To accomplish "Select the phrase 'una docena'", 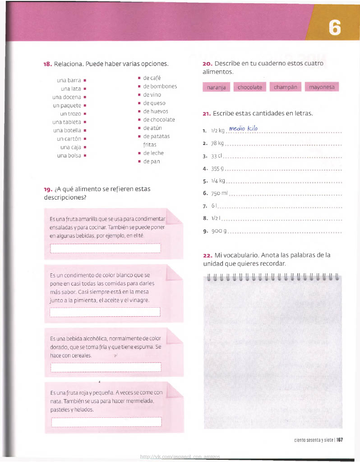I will (66, 97).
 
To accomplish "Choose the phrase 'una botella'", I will (66, 130).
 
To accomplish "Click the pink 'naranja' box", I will (217, 87).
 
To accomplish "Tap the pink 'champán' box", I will (285, 87).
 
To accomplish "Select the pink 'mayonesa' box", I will (322, 87).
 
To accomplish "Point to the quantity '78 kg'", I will (217, 144).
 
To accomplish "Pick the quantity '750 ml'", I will (220, 194).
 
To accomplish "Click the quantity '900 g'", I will (218, 231).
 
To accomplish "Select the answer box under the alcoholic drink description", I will (106, 367).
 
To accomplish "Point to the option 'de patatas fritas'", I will (156, 140).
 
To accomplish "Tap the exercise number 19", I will (47, 189).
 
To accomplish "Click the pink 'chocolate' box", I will (249, 87).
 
